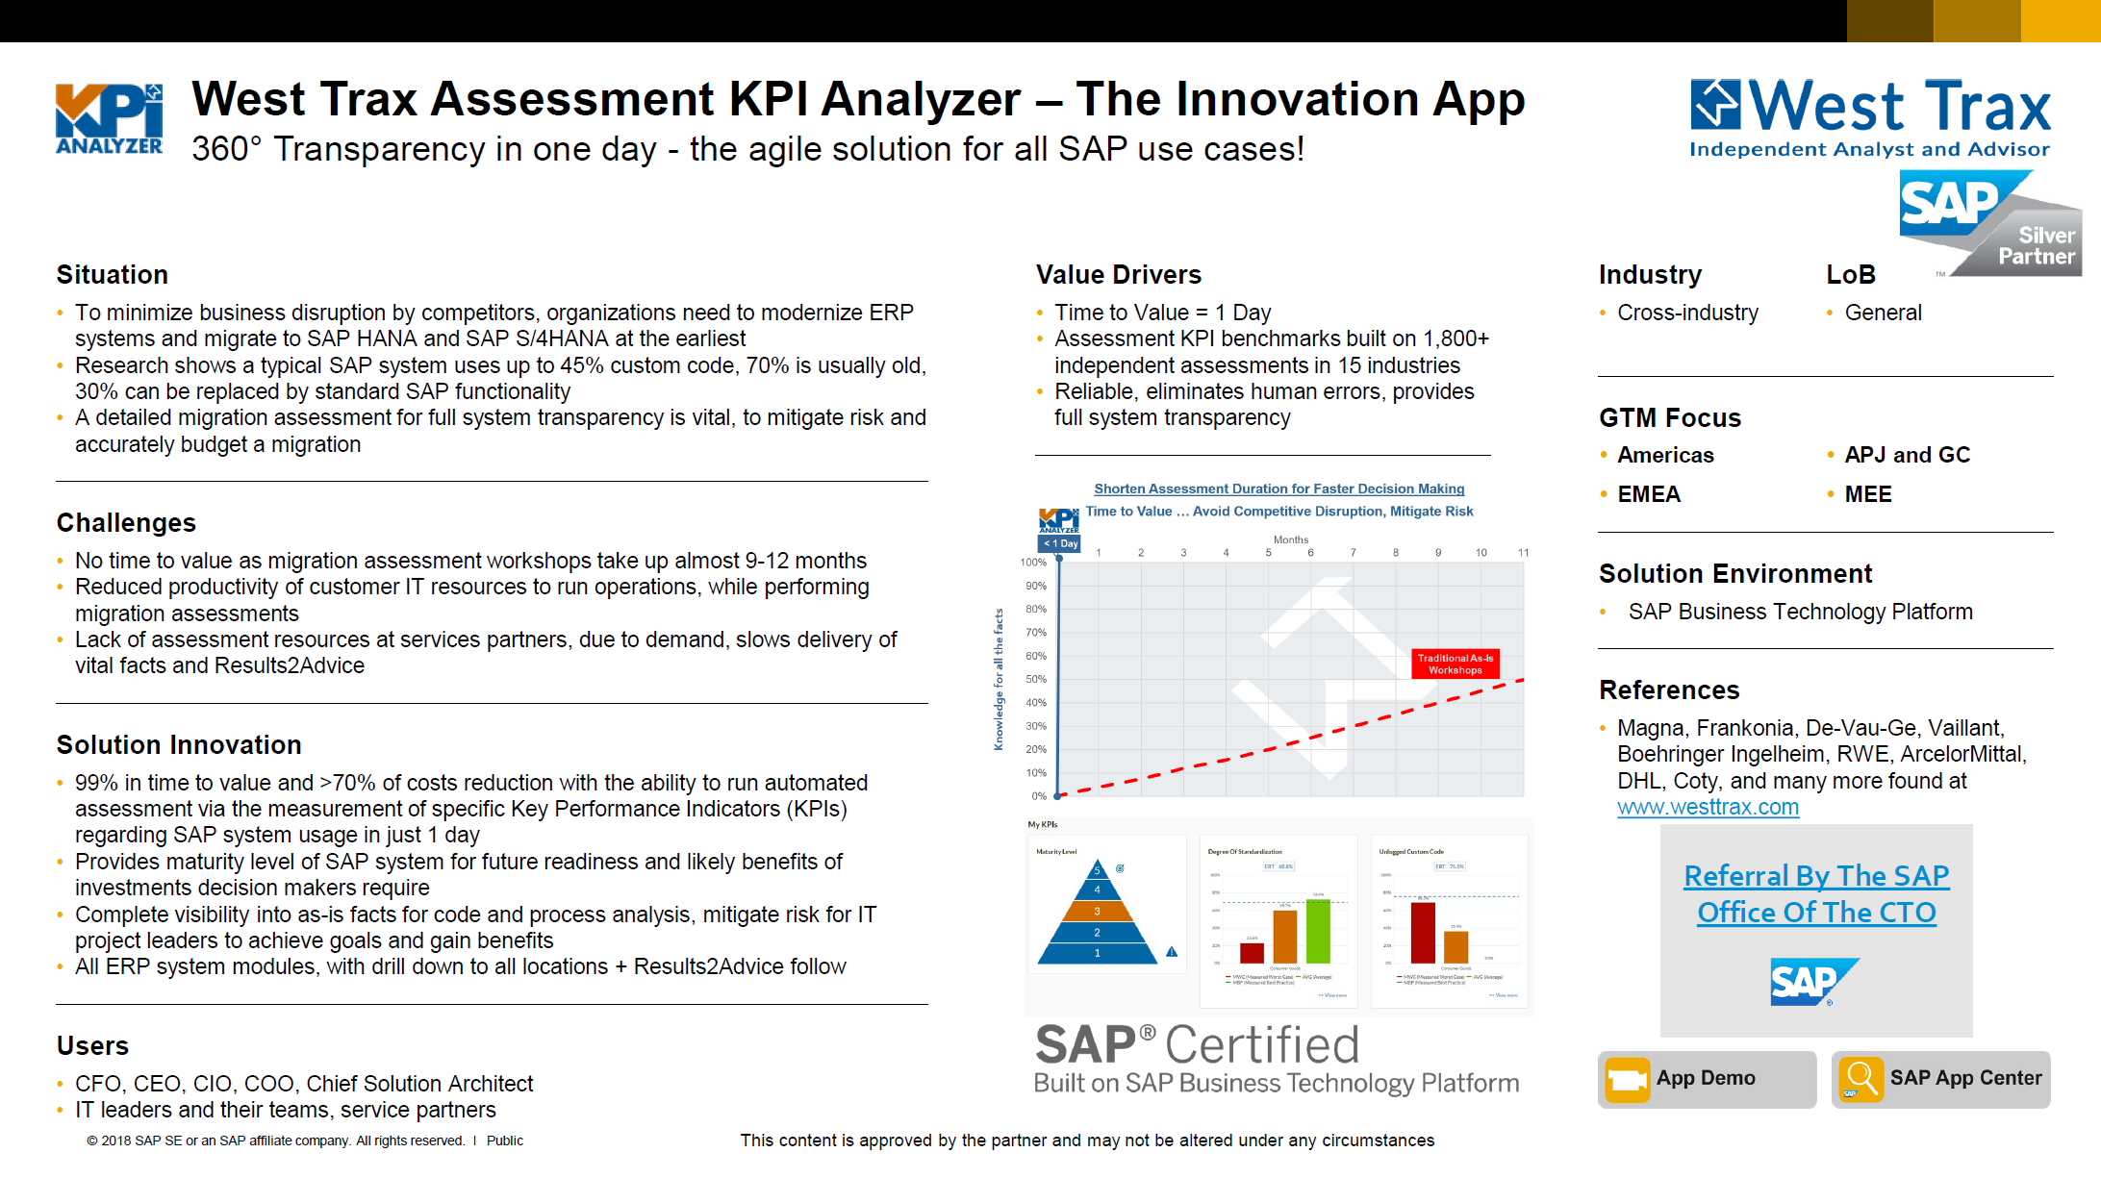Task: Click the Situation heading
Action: (x=113, y=275)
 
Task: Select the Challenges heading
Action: (x=126, y=523)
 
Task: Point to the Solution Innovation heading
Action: (x=179, y=745)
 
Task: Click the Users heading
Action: (x=92, y=1046)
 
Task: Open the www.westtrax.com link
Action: (x=1708, y=808)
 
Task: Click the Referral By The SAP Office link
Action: (x=1816, y=894)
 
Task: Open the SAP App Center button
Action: (x=1941, y=1079)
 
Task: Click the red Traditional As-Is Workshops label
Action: (x=1455, y=664)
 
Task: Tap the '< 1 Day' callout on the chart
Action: (x=1061, y=543)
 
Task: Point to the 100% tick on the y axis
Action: (x=1033, y=563)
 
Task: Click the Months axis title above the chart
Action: (x=1291, y=539)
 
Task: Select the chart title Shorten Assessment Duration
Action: (x=1278, y=489)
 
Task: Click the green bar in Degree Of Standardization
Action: (x=1318, y=931)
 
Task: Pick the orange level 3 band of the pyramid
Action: (x=1097, y=911)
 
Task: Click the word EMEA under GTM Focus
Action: (x=1649, y=494)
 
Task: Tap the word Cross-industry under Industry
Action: (x=1687, y=313)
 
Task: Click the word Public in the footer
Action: (x=505, y=1140)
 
